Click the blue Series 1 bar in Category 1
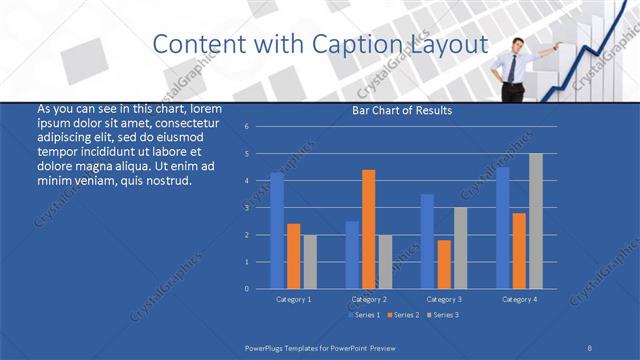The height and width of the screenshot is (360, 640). (277, 231)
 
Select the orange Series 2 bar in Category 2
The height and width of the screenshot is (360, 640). (368, 229)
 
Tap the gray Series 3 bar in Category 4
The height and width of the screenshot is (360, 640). (536, 221)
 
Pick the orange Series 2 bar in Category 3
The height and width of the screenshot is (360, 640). (443, 264)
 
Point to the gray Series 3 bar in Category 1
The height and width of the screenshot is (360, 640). (310, 262)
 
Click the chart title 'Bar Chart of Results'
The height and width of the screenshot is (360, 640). (403, 110)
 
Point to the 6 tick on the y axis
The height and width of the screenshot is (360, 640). (246, 127)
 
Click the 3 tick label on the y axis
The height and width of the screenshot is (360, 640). (246, 208)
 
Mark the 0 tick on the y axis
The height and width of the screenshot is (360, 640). (246, 289)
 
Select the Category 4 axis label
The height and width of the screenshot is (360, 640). (519, 299)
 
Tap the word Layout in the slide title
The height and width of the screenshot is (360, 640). (451, 44)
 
